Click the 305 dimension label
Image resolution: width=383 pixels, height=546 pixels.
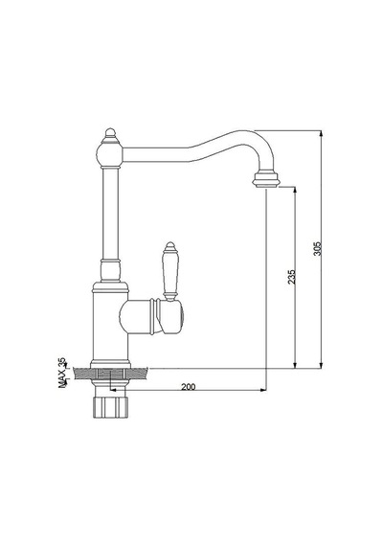click(x=318, y=249)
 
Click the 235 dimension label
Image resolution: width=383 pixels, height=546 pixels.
click(x=292, y=277)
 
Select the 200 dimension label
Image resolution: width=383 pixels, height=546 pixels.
click(x=189, y=386)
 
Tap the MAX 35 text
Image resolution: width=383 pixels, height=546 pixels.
click(x=62, y=373)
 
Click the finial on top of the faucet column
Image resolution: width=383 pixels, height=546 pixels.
click(x=110, y=133)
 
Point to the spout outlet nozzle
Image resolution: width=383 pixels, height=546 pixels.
click(x=266, y=180)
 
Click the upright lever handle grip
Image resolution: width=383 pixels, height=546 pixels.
click(x=169, y=273)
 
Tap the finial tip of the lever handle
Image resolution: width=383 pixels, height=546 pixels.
click(x=169, y=246)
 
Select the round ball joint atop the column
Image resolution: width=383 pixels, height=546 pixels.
click(x=110, y=155)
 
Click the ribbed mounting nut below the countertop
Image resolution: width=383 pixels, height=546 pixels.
click(x=110, y=407)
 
